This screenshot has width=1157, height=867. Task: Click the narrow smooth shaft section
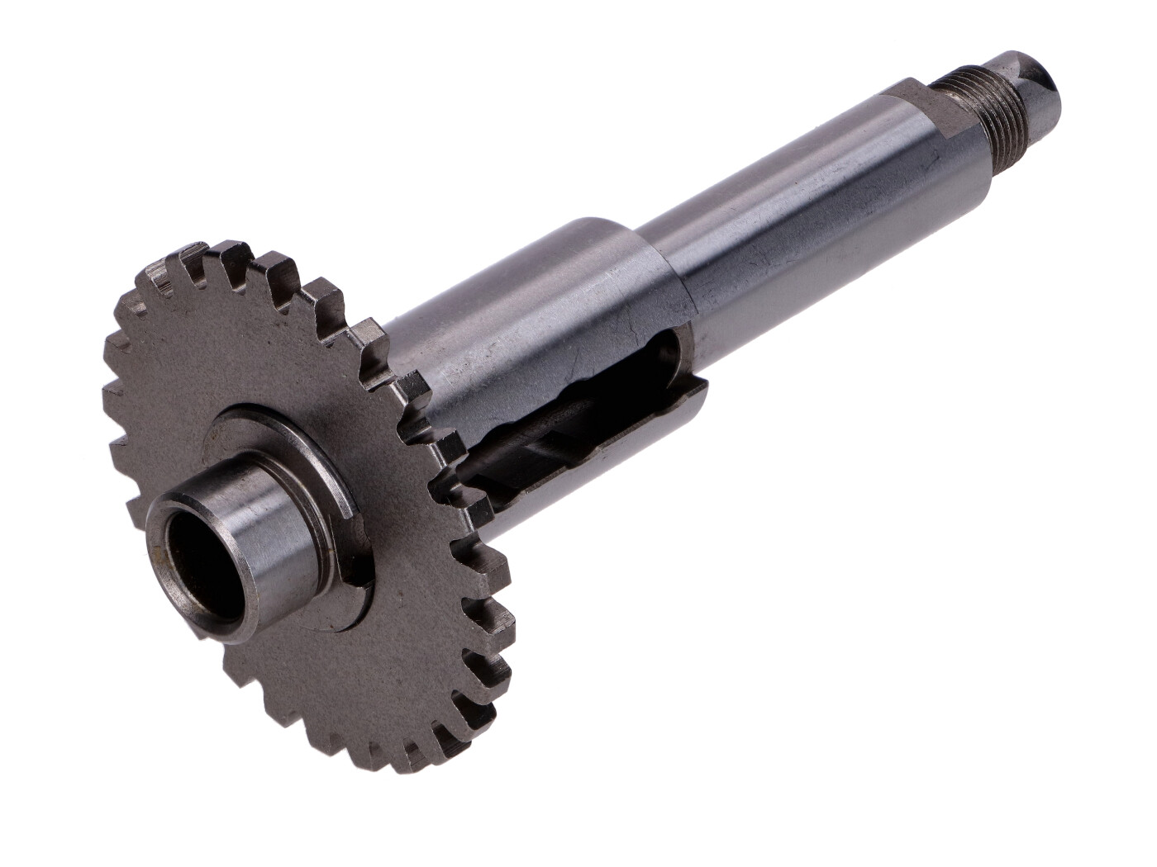point(793,206)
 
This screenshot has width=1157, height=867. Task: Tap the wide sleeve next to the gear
point(537,330)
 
